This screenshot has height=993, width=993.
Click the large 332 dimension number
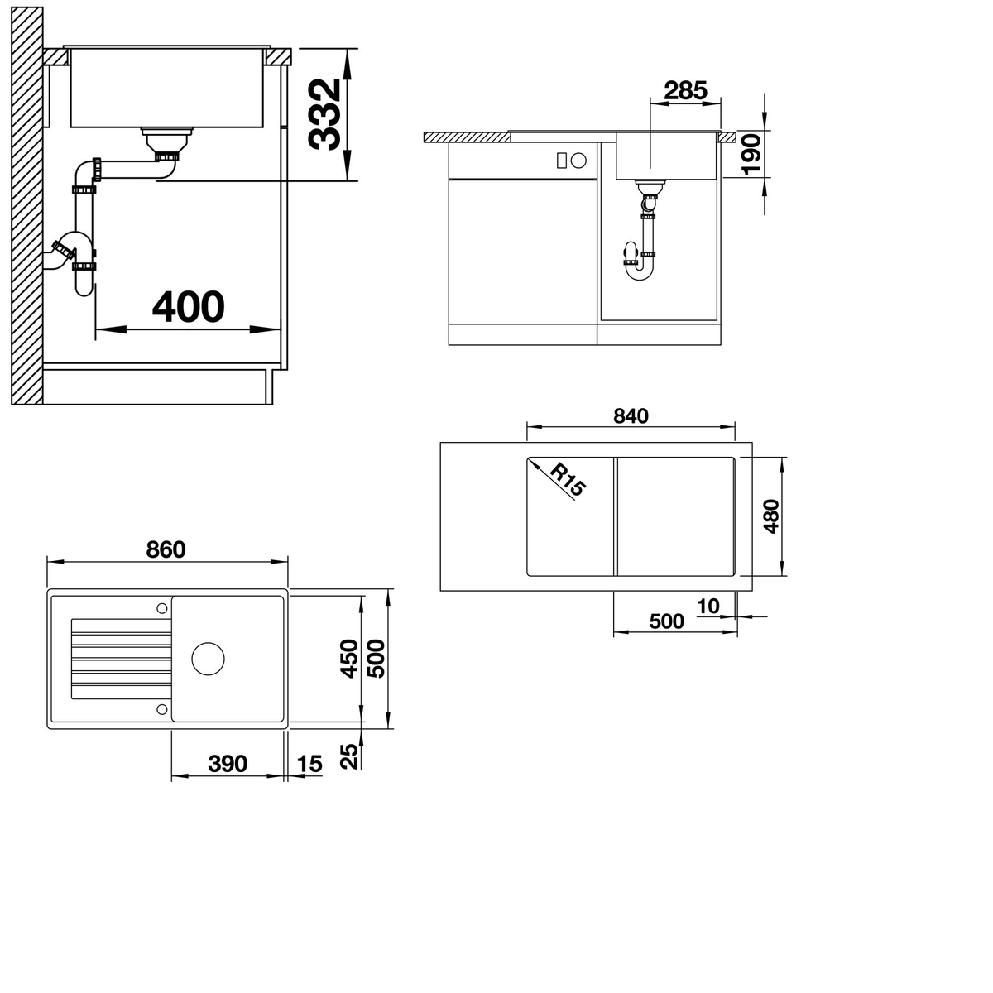[x=324, y=114]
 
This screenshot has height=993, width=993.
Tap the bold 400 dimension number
[x=189, y=307]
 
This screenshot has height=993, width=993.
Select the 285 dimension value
[x=685, y=91]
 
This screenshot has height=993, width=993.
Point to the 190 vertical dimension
[x=752, y=154]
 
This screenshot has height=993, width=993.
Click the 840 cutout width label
[x=631, y=415]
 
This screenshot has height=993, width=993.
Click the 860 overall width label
[x=165, y=549]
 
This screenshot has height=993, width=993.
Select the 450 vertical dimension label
[x=349, y=659]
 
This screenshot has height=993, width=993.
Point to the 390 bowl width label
[x=228, y=764]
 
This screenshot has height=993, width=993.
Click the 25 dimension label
[x=349, y=756]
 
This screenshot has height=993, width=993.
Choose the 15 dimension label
[x=309, y=764]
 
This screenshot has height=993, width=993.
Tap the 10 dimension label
[x=708, y=606]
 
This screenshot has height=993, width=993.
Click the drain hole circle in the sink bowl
[x=209, y=659]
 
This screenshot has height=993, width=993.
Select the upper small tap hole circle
[x=162, y=608]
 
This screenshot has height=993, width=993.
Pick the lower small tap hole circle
[x=162, y=709]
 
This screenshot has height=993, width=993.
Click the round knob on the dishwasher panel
[x=578, y=161]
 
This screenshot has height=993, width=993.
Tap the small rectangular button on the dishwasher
[x=562, y=161]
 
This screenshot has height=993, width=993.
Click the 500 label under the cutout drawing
[x=666, y=621]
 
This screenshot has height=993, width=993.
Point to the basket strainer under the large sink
[x=167, y=139]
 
